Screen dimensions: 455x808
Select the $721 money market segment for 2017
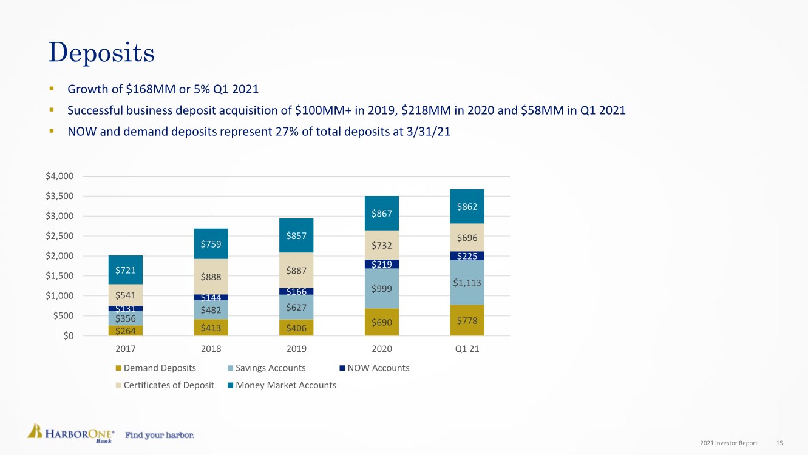(125, 269)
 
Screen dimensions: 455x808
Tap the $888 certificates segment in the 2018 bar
(211, 277)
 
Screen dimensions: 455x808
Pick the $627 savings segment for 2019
(296, 307)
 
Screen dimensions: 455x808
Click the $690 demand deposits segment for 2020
(382, 322)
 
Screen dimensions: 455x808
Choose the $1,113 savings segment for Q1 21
(467, 283)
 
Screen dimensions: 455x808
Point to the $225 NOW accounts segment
(467, 256)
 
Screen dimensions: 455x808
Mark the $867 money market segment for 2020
(382, 213)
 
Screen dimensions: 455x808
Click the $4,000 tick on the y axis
(59, 177)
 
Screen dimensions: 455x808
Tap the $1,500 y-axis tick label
(59, 276)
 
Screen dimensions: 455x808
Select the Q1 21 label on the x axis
(467, 349)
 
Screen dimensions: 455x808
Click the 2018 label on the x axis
(211, 349)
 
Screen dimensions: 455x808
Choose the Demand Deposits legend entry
(160, 368)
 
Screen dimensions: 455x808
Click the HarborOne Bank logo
(71, 433)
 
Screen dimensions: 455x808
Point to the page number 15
(779, 443)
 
